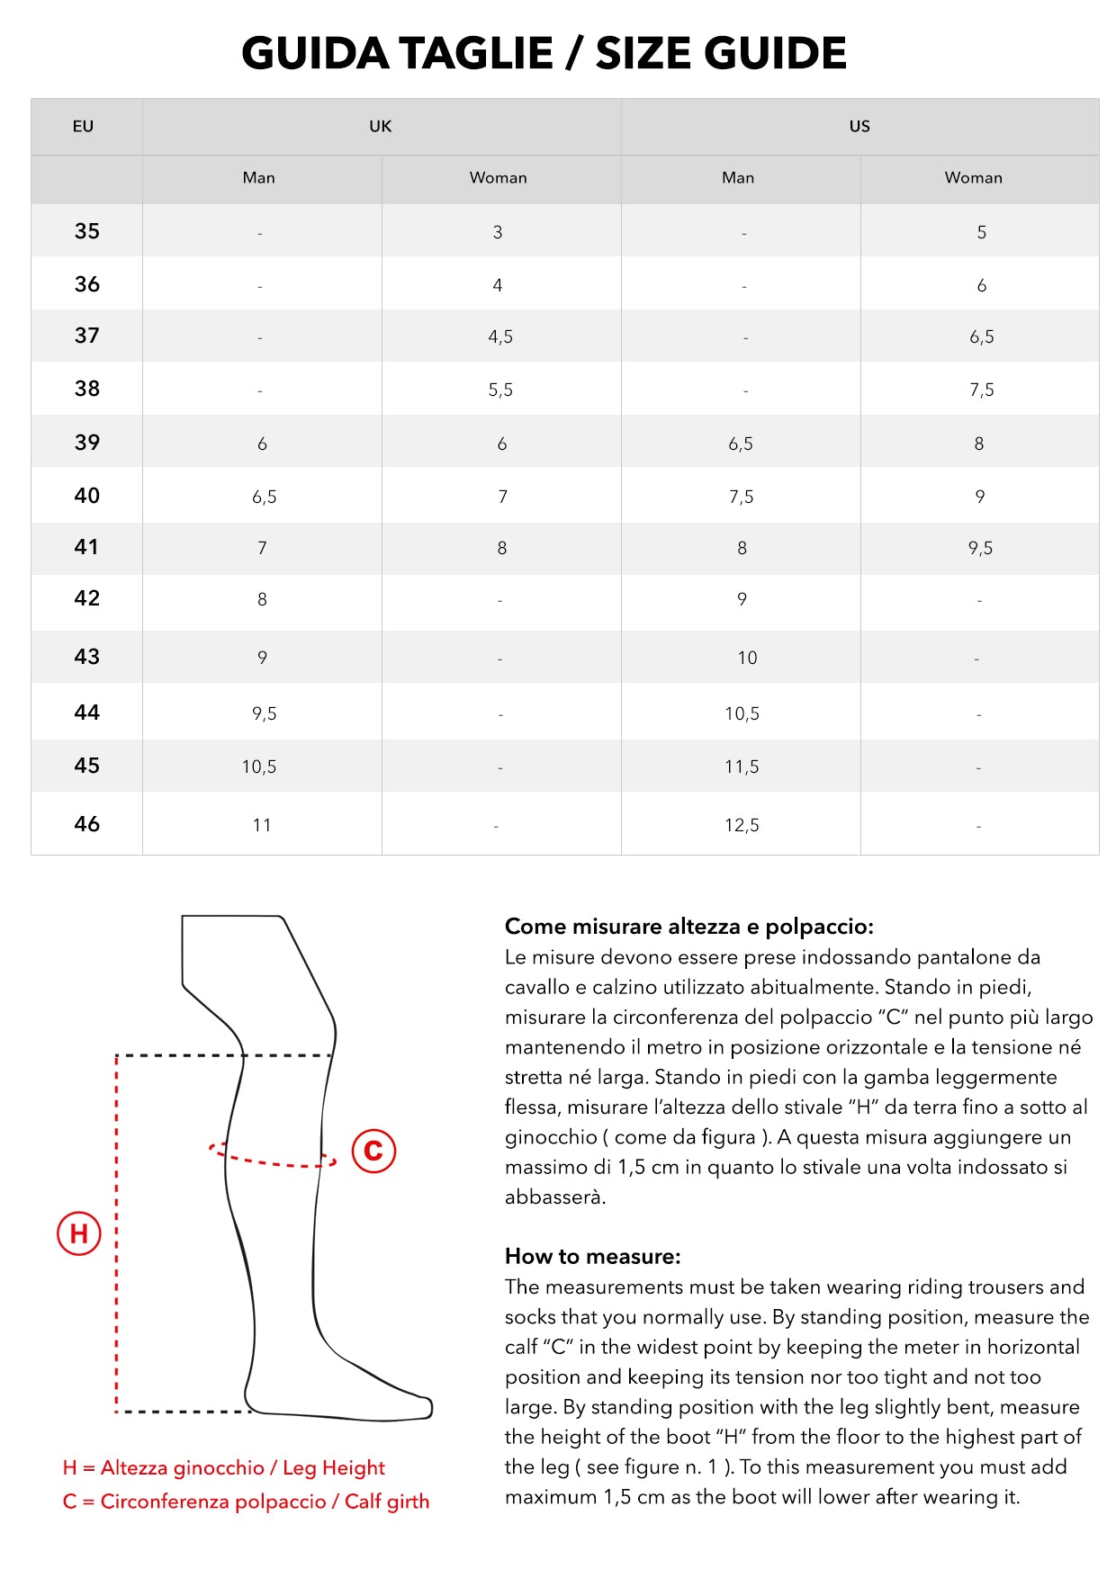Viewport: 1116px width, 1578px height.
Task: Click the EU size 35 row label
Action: tap(87, 231)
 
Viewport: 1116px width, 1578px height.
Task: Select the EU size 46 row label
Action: tap(87, 824)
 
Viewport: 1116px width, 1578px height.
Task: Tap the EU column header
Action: tap(83, 127)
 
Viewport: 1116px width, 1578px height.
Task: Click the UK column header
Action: tap(381, 127)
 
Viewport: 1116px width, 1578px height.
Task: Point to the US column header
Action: tap(859, 127)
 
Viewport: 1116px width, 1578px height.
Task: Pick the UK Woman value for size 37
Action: tap(500, 337)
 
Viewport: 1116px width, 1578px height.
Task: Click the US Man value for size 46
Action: tap(742, 826)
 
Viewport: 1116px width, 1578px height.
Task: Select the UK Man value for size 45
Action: tap(259, 767)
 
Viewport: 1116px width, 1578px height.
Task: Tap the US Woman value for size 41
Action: tap(980, 549)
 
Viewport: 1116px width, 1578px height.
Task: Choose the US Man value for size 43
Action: tap(747, 659)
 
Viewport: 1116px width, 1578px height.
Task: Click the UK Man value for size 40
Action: tap(264, 498)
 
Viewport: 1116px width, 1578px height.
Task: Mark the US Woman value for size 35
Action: tap(981, 233)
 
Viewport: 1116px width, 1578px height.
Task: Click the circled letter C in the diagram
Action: tap(373, 1150)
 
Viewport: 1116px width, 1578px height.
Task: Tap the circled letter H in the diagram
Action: tap(79, 1233)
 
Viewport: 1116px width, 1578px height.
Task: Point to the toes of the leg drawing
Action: tap(418, 1407)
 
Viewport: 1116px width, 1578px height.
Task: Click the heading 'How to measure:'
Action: tap(593, 1257)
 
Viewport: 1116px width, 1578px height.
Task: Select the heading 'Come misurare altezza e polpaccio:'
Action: tap(688, 927)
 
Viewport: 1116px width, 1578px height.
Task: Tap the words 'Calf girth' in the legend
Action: tap(387, 1502)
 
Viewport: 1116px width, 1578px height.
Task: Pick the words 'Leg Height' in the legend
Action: tap(334, 1468)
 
